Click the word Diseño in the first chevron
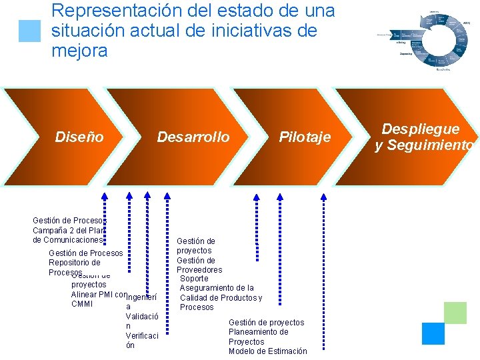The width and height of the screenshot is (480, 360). pyautogui.click(x=79, y=137)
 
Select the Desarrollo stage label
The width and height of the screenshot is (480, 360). pyautogui.click(x=193, y=137)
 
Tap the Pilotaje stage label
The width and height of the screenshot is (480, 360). pyautogui.click(x=305, y=137)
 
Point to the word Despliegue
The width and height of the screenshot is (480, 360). pyautogui.click(x=420, y=129)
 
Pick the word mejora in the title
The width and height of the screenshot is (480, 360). pyautogui.click(x=79, y=51)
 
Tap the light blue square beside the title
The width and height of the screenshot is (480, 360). pyautogui.click(x=29, y=31)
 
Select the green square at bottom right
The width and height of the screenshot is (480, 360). pyautogui.click(x=455, y=313)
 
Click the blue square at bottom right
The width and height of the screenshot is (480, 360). pyautogui.click(x=433, y=333)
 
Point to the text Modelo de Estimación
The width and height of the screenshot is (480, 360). pyautogui.click(x=268, y=351)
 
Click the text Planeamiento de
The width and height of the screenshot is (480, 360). pyautogui.click(x=259, y=332)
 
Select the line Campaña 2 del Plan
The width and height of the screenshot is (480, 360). pyautogui.click(x=69, y=230)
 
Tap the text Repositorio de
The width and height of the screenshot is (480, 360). pyautogui.click(x=75, y=263)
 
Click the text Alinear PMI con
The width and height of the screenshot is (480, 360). pyautogui.click(x=98, y=295)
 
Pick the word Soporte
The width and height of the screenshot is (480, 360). pyautogui.click(x=194, y=279)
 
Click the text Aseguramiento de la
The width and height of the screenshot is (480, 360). pyautogui.click(x=217, y=288)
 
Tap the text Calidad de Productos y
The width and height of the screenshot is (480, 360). pyautogui.click(x=221, y=297)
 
